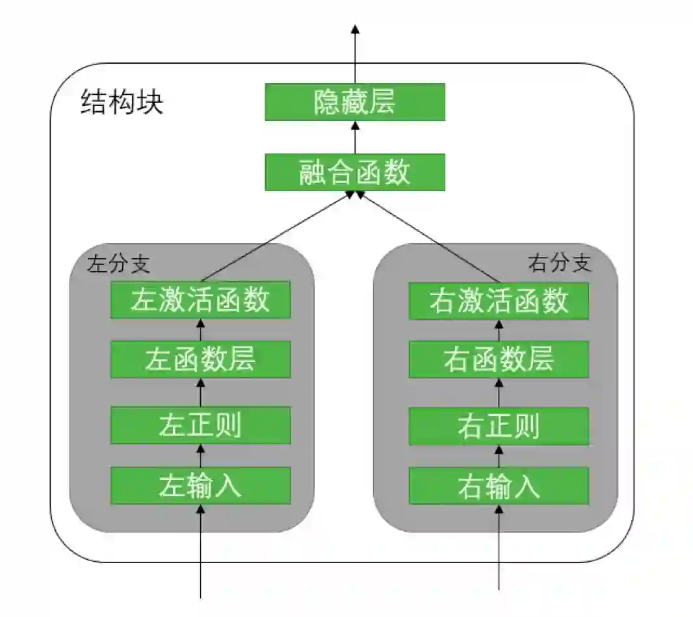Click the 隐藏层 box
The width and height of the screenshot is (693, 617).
click(x=355, y=102)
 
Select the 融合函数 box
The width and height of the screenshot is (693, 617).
click(x=355, y=172)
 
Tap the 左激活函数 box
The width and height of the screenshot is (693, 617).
click(x=200, y=300)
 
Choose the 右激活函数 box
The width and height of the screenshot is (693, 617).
click(x=499, y=300)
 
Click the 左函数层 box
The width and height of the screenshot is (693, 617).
click(x=200, y=360)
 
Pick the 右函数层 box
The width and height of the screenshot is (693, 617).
click(x=499, y=360)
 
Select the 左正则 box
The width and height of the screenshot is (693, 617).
click(x=200, y=426)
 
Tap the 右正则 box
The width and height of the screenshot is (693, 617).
click(x=499, y=426)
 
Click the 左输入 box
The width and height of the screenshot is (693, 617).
click(x=200, y=485)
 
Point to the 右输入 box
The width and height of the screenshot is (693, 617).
click(x=499, y=485)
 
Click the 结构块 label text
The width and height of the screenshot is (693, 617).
click(x=122, y=103)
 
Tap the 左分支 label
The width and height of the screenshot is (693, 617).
click(x=118, y=264)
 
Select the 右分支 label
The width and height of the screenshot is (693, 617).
click(x=560, y=263)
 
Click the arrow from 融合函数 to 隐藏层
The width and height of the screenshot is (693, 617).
click(x=355, y=137)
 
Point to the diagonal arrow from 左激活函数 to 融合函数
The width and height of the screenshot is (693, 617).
click(x=278, y=237)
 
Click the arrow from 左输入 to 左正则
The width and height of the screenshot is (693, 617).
click(x=200, y=456)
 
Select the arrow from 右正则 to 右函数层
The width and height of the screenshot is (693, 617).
click(x=499, y=393)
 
